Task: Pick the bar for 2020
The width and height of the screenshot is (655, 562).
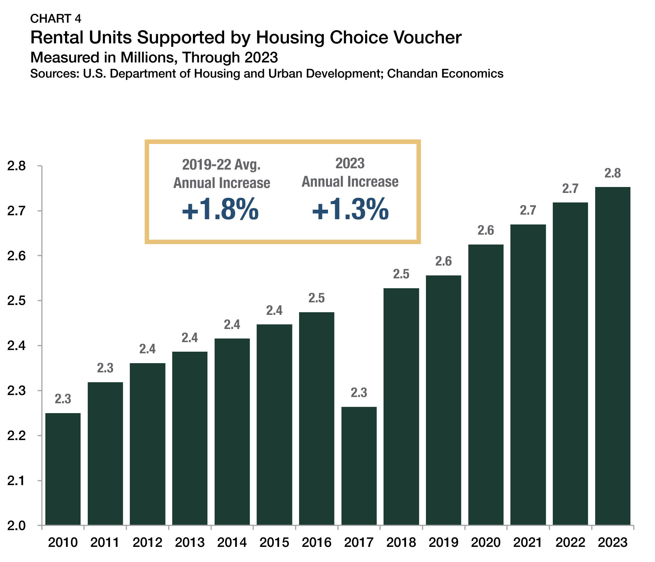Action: tap(486, 385)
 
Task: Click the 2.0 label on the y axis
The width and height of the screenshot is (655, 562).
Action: tap(17, 526)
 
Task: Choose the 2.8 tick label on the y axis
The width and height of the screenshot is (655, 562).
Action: tap(17, 166)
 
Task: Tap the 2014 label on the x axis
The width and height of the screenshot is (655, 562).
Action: tap(232, 543)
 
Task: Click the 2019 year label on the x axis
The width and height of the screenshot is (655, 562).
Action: tap(443, 543)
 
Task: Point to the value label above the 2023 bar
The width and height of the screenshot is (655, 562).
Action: tap(613, 173)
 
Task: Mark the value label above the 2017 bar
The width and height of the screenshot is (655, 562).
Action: tap(359, 393)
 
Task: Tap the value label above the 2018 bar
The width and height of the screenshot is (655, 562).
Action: tap(401, 274)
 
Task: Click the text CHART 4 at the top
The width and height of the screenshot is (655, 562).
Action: tap(56, 19)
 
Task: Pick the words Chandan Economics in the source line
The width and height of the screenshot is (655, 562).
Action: tap(445, 74)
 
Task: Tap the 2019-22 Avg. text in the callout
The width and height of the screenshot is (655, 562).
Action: tap(221, 164)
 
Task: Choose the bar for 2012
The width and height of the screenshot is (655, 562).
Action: tap(148, 444)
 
